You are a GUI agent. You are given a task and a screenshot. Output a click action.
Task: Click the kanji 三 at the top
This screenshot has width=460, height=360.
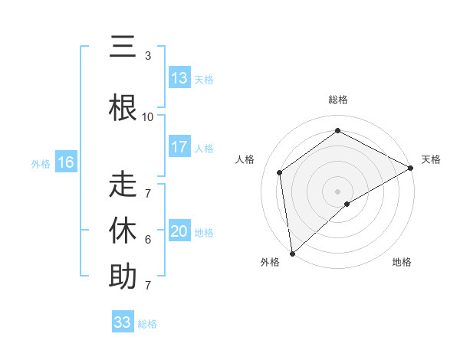123,47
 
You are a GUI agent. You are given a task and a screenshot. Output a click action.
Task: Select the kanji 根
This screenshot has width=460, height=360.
123,107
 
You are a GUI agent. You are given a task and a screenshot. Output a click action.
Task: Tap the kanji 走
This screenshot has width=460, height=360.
123,186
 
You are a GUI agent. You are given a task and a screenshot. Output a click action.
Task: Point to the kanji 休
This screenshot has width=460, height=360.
123,229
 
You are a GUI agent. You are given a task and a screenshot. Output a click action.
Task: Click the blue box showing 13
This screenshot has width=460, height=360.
179,78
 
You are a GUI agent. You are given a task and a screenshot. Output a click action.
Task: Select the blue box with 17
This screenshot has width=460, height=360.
179,148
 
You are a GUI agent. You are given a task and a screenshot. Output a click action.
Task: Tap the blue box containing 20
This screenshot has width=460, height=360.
179,232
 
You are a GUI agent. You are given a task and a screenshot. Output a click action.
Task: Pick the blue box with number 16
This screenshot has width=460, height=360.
65,162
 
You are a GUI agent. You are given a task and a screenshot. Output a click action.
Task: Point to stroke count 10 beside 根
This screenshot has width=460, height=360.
148,117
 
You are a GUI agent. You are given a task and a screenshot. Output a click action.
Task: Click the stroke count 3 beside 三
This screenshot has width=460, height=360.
148,56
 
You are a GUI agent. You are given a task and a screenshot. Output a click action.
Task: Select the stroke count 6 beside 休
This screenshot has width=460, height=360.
148,240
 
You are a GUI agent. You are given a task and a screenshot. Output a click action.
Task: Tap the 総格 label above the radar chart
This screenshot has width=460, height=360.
338,100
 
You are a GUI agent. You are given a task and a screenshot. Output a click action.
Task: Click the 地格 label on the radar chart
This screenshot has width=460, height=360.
402,262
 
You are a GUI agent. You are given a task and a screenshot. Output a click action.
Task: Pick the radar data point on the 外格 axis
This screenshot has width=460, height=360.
292,253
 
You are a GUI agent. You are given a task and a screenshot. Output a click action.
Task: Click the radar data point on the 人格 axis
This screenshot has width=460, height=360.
280,172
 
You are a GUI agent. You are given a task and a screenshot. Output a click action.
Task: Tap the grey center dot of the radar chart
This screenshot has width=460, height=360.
338,191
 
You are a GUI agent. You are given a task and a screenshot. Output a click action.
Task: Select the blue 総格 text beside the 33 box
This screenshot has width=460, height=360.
148,324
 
